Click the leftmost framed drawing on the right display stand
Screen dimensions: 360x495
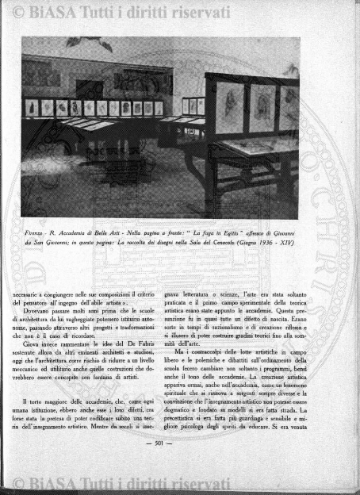pyautogui.click(x=230, y=107)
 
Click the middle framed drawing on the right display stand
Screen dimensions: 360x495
pyautogui.click(x=261, y=108)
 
